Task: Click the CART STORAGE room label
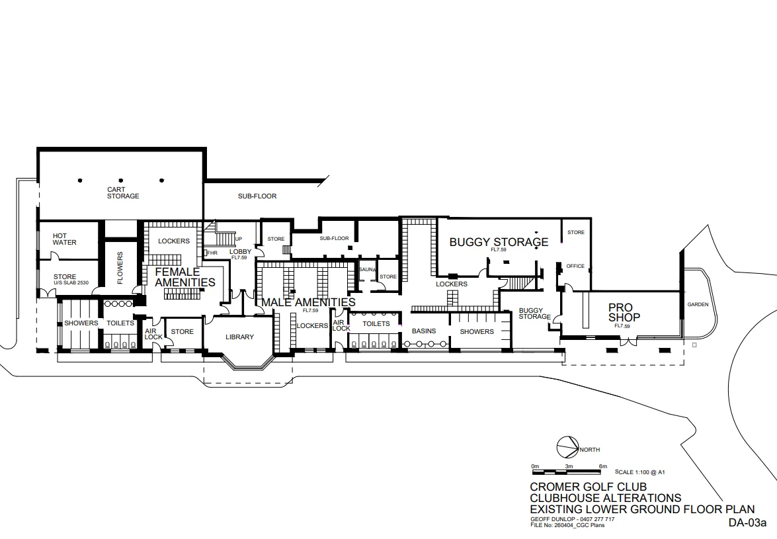123,192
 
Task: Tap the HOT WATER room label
64,239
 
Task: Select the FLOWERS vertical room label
120,268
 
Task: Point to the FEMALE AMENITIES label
185,277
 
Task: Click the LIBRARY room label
239,337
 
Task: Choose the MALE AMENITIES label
308,302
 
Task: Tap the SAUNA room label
367,270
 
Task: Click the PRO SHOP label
624,312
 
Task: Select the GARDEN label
698,305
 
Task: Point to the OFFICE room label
575,266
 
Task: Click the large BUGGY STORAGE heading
499,242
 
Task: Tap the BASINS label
424,331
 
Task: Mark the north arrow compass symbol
568,448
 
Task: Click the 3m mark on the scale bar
569,466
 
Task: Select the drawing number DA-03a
747,522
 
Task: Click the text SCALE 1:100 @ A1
639,472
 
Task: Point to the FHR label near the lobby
212,253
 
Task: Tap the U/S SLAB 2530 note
71,283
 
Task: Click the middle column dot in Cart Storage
121,181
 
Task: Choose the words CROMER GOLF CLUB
588,487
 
